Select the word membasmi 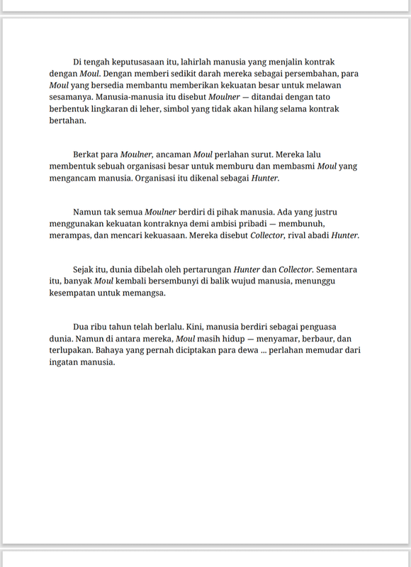pyautogui.click(x=292, y=166)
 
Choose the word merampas pyautogui.click(x=70, y=235)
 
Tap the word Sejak pyautogui.click(x=85, y=269)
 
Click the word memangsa pyautogui.click(x=147, y=293)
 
